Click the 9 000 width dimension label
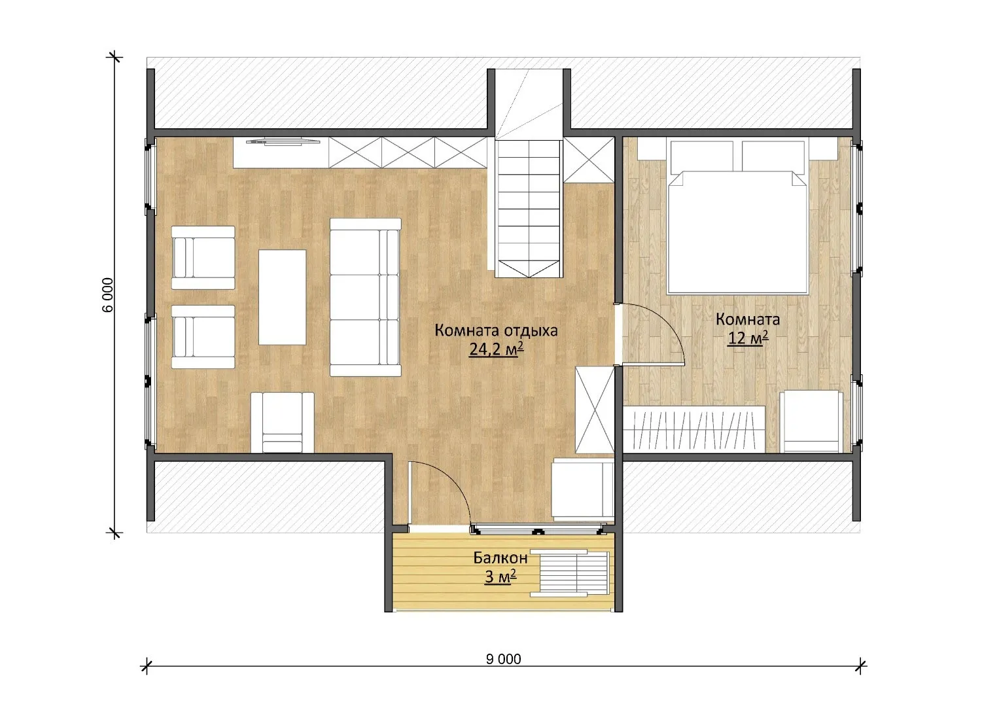(x=504, y=659)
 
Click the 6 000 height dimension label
(x=108, y=295)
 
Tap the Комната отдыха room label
(x=496, y=330)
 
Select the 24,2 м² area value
(x=496, y=349)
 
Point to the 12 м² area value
(x=748, y=338)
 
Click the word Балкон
(x=500, y=558)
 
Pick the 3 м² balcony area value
(x=500, y=577)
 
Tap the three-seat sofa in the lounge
(x=365, y=298)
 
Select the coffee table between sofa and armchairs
(x=283, y=297)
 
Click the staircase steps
(x=529, y=207)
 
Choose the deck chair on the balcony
(x=570, y=573)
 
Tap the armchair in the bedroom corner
(x=811, y=421)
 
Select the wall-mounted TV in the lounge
(x=283, y=141)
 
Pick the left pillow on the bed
(x=701, y=156)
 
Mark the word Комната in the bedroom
(x=748, y=319)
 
